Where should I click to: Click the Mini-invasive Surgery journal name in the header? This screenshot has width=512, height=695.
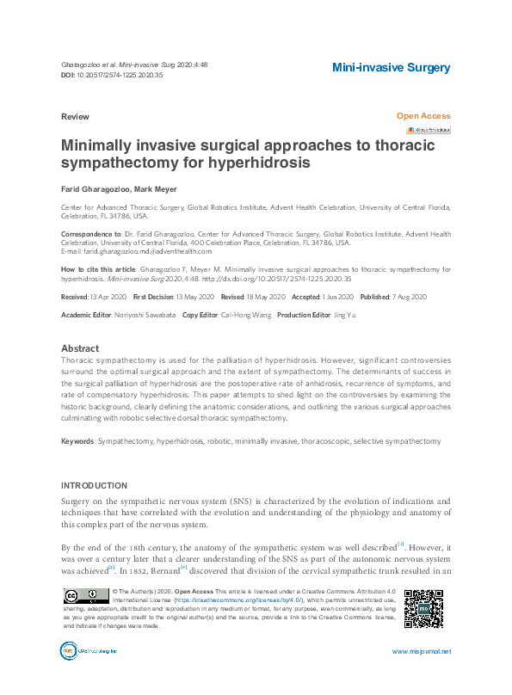pos(391,67)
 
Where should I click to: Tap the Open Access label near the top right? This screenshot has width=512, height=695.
pos(423,115)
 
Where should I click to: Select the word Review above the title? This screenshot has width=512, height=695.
pos(75,116)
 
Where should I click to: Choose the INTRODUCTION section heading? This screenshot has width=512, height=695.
pos(95,486)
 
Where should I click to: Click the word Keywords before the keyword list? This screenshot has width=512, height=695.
pos(77,441)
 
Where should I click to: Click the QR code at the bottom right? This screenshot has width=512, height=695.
pos(423,608)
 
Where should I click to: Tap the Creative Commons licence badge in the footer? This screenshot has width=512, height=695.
pos(85,596)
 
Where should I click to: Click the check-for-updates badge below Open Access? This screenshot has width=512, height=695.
pos(429,130)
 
